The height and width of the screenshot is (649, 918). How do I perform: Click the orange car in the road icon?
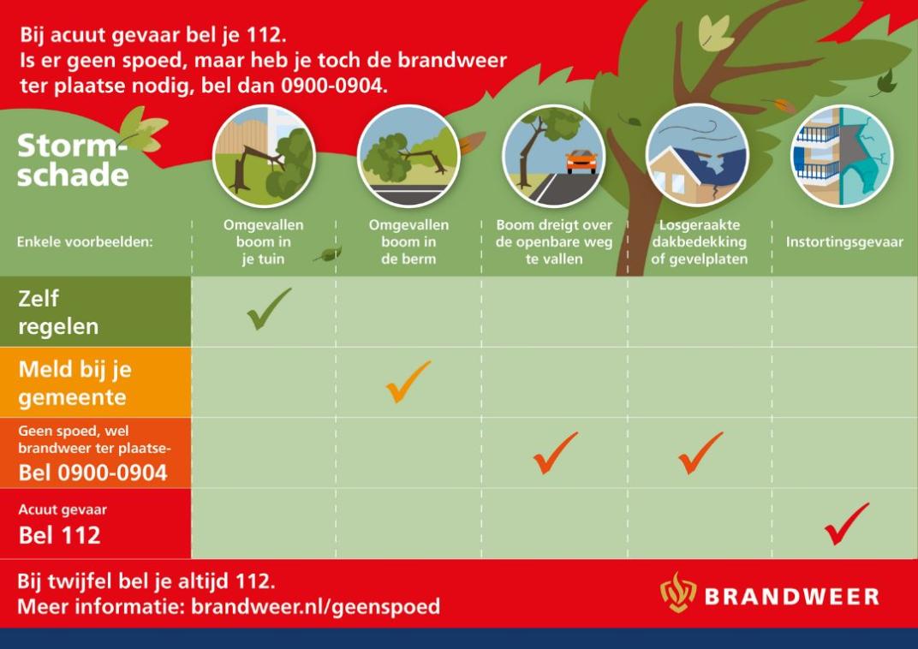coord(581,161)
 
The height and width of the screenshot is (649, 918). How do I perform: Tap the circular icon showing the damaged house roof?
coord(697,156)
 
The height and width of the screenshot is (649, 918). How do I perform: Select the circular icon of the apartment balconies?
coord(842,156)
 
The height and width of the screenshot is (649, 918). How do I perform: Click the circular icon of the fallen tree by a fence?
coord(264,156)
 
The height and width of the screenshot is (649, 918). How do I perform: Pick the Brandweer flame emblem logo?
coord(678,592)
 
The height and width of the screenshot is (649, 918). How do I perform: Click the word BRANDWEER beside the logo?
coord(792,596)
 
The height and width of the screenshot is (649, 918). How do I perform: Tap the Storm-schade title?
coord(73,160)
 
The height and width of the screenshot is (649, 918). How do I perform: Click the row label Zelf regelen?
coord(58,312)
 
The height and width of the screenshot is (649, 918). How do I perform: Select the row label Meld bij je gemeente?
coord(75,383)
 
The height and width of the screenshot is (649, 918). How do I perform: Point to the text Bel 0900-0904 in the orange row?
coord(92,473)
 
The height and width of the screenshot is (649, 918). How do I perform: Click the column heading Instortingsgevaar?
coord(844,241)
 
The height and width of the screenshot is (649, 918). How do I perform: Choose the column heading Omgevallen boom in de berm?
coord(408,241)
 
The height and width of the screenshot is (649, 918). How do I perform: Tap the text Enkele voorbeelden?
coord(84,241)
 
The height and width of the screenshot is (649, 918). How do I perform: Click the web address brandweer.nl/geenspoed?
coord(315,606)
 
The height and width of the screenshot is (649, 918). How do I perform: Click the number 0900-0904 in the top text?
coord(334,86)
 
